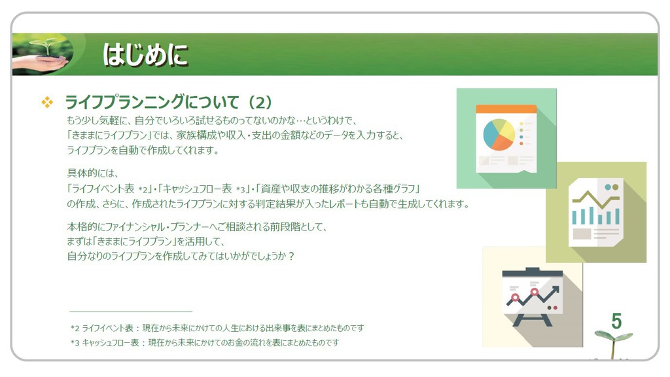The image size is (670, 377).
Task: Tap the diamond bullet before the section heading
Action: [x=47, y=103]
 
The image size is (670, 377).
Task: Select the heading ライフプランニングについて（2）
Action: [x=167, y=103]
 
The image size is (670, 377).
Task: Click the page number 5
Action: [x=616, y=321]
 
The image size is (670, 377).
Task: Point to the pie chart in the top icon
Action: [x=498, y=134]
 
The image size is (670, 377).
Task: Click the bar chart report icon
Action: [x=595, y=213]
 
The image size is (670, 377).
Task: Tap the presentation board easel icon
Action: [x=531, y=296]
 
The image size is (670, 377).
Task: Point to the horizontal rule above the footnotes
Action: [x=130, y=312]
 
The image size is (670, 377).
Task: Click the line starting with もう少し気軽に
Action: [x=210, y=120]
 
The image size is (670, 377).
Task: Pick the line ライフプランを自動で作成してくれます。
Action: [x=143, y=150]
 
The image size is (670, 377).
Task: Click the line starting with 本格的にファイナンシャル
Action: [x=196, y=227]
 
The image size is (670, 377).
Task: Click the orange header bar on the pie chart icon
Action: [x=506, y=109]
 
